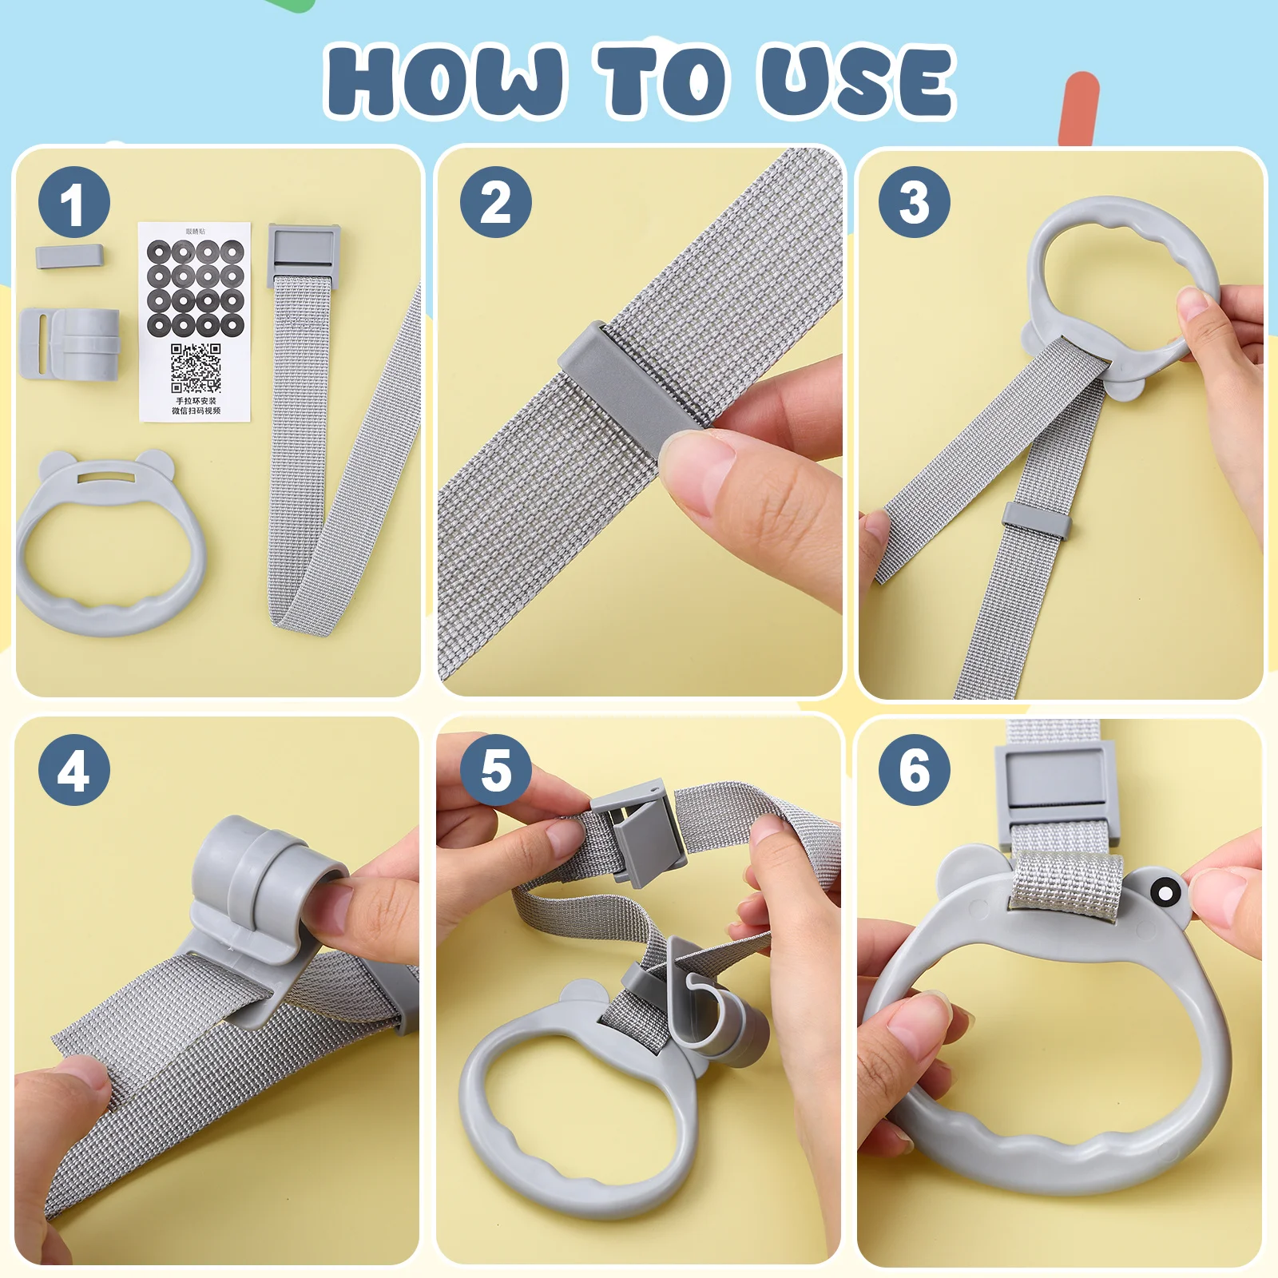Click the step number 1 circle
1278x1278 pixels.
tap(73, 203)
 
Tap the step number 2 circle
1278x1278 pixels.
tap(495, 203)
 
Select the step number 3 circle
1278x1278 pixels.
tap(915, 203)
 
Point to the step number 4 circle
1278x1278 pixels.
tap(73, 770)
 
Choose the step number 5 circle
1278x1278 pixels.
tap(495, 770)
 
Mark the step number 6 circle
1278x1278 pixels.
tap(915, 770)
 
